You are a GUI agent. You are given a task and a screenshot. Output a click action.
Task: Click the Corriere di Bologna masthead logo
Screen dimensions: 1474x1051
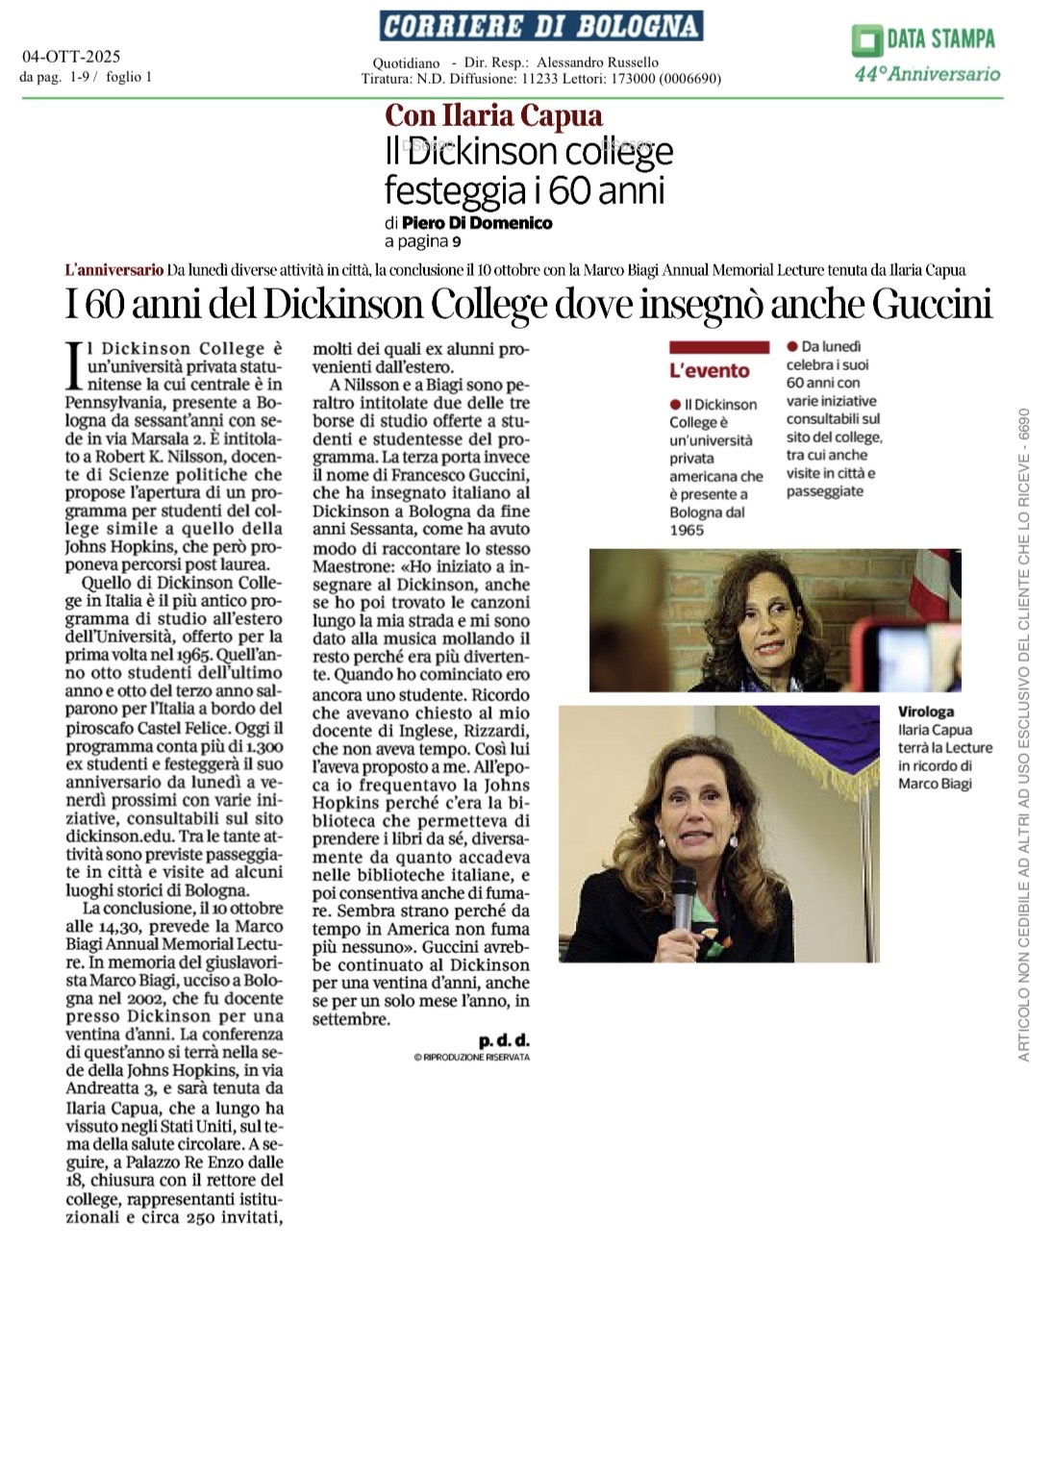coord(540,26)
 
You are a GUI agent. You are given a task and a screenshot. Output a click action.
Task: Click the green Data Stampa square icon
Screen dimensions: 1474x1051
coord(866,41)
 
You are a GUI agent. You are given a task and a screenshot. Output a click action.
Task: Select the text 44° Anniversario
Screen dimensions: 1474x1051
coord(927,73)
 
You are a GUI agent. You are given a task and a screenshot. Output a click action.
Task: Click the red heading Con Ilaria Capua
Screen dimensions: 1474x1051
coord(493,116)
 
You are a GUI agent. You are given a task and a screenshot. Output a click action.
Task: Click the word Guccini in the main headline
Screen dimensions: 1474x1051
coord(932,305)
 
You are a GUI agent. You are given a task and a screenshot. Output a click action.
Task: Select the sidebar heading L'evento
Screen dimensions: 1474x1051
coord(709,370)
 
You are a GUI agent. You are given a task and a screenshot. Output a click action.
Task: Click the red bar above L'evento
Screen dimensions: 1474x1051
coord(718,347)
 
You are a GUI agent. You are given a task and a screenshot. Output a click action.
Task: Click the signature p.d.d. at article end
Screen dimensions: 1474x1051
coord(504,1040)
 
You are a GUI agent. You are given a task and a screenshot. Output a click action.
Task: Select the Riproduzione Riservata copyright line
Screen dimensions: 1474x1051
coord(471,1057)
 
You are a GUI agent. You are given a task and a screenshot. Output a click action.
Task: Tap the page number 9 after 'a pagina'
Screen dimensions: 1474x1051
coord(457,241)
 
